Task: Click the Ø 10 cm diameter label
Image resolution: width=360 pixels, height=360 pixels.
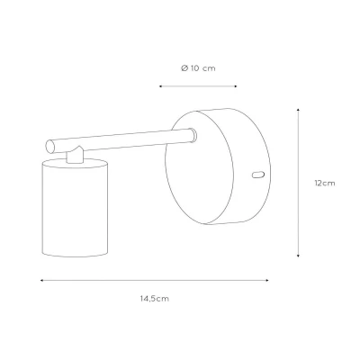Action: click(x=198, y=68)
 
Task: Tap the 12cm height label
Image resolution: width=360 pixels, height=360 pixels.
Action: click(x=325, y=183)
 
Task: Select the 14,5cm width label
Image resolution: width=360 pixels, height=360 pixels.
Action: click(x=155, y=299)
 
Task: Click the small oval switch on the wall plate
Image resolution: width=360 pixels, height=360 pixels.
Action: click(x=258, y=175)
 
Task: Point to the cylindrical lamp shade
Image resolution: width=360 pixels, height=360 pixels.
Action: click(x=75, y=208)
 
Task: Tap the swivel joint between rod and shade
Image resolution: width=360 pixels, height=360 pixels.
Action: click(x=75, y=155)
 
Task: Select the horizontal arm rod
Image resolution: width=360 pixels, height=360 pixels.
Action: click(x=121, y=140)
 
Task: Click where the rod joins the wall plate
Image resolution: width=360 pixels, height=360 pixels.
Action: click(x=193, y=135)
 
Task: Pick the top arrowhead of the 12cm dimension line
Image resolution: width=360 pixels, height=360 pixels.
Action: click(x=298, y=110)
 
